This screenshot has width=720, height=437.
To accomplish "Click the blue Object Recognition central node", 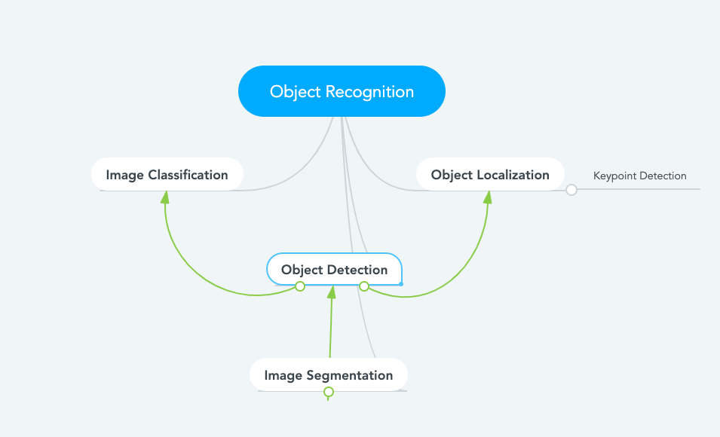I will (x=342, y=91).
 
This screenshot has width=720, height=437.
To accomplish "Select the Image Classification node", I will (x=167, y=175).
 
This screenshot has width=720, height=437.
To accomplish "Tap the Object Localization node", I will (x=490, y=175).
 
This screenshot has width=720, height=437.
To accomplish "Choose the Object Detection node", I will (x=334, y=269).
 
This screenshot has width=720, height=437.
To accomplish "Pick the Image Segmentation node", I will (x=328, y=375).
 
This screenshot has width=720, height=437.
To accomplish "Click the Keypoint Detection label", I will (x=639, y=176).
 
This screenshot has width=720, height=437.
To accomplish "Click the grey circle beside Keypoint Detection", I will (x=571, y=190).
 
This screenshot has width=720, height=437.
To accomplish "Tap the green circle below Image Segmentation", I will (x=328, y=392).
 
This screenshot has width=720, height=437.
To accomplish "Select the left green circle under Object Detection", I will (x=300, y=286).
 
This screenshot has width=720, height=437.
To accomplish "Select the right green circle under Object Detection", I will (x=364, y=286).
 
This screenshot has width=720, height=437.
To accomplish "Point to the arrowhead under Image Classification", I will (x=165, y=197).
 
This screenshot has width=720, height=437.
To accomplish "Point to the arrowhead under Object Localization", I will (x=488, y=197).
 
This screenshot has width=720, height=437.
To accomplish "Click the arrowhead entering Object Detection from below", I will (x=331, y=292).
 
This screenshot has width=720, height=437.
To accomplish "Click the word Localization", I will (x=513, y=175).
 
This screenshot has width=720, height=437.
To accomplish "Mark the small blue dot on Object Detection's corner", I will (x=401, y=284).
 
